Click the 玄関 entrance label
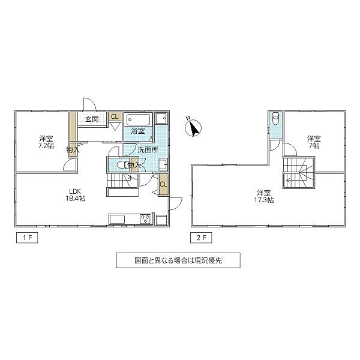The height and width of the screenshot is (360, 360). click(92, 118)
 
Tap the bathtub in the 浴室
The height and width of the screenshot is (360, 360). click(139, 118)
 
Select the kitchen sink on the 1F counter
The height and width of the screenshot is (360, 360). click(117, 219)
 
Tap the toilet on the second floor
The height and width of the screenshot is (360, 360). click(275, 120)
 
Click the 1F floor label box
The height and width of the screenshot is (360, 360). click(28, 238)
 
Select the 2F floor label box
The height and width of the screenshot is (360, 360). click(202, 238)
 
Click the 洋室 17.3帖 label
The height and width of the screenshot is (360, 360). click(265, 196)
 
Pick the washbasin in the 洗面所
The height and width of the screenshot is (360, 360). click(162, 163)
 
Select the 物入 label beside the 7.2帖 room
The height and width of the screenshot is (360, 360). click(73, 149)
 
